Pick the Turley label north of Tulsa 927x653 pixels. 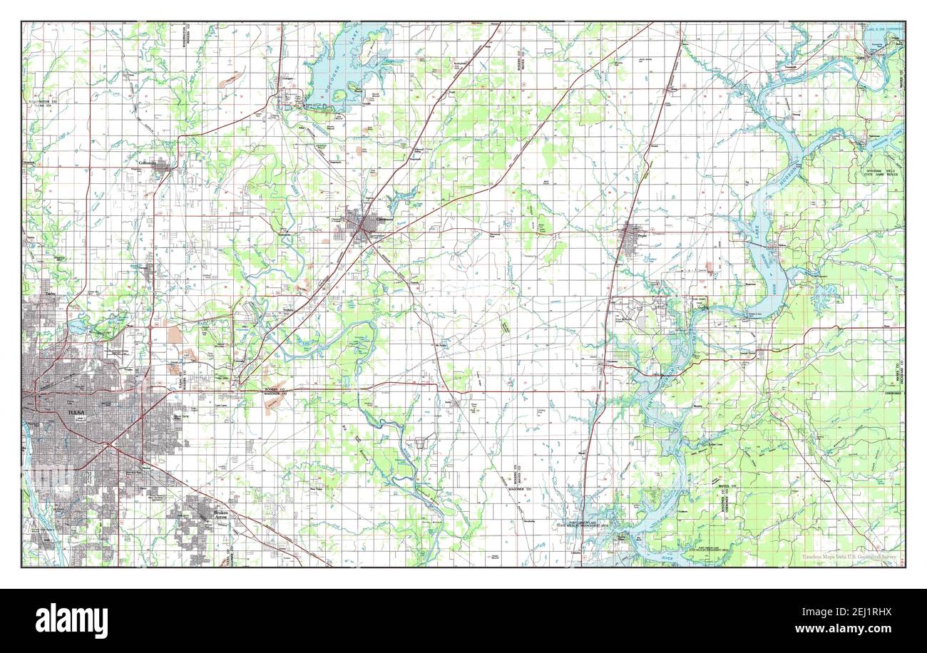(x=50, y=294)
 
